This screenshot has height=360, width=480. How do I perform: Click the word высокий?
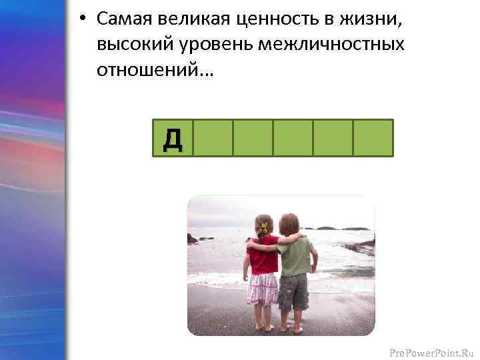coord(133,45)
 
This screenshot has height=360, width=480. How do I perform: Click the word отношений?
coord(155,69)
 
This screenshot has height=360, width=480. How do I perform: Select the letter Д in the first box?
coord(173,138)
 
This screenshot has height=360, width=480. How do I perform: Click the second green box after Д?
coord(253,138)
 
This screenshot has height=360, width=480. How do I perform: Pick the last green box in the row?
coord(373,138)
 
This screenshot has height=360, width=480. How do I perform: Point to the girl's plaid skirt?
coord(262,288)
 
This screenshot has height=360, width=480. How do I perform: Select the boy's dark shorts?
coord(293,291)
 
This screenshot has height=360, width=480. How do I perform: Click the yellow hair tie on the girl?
coord(264,227)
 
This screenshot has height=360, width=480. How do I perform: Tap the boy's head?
coord(290,224)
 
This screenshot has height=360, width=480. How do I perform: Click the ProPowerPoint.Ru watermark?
coord(431,347)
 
